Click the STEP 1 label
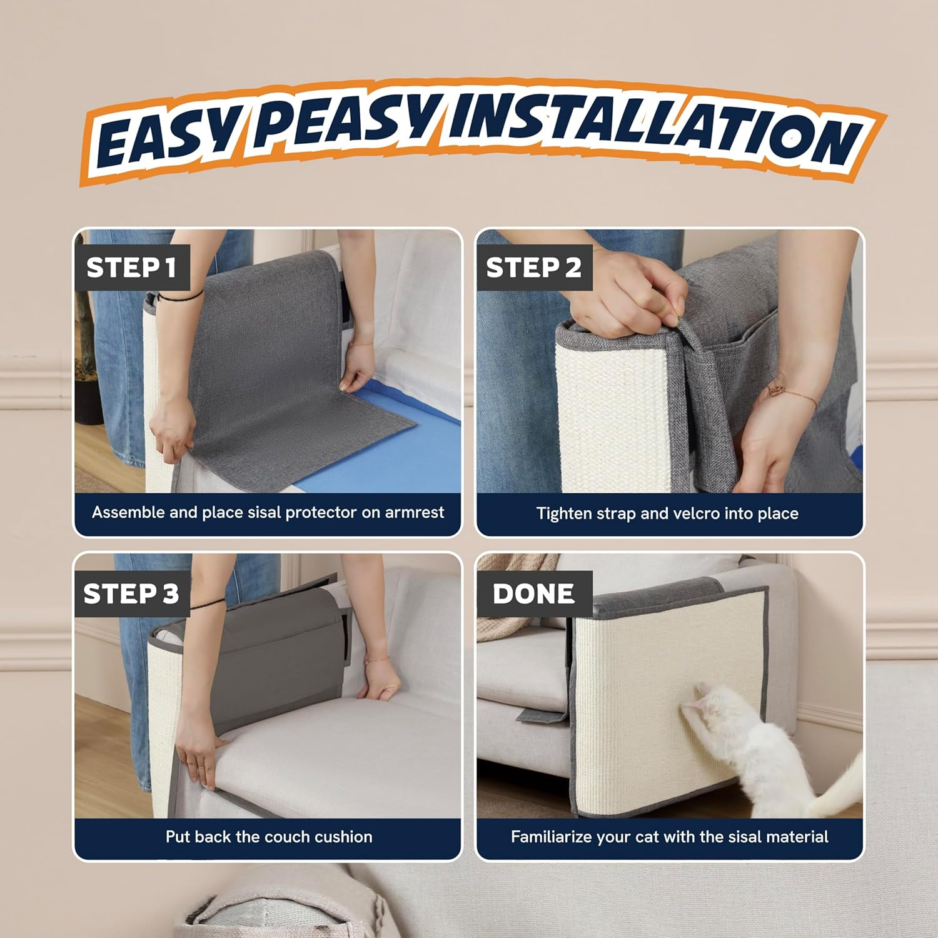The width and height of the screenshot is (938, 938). click(x=131, y=268)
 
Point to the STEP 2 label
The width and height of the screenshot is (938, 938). click(x=533, y=268)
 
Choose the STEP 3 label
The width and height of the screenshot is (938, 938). click(x=131, y=593)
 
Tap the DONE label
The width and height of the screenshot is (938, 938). click(x=533, y=593)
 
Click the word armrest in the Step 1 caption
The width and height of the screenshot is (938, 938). click(x=415, y=512)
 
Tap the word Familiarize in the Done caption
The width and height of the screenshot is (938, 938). click(x=551, y=837)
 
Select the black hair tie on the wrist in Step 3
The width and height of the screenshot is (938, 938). click(x=208, y=605)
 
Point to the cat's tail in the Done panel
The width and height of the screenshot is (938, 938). click(x=841, y=782)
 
